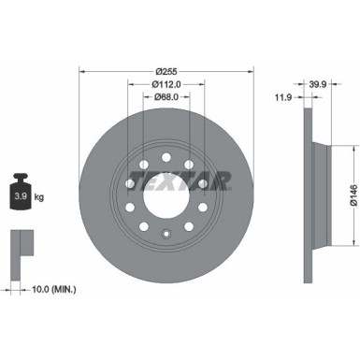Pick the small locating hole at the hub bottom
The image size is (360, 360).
166,235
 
